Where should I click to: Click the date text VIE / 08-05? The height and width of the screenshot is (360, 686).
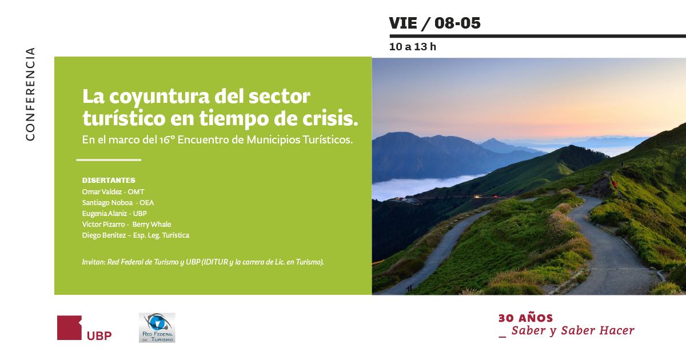(434, 23)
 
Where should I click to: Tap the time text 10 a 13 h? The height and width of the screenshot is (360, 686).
(413, 46)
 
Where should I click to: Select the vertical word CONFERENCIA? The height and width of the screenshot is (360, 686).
(30, 94)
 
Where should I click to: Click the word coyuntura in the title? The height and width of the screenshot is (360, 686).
(159, 97)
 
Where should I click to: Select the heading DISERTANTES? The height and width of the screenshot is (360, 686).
(109, 181)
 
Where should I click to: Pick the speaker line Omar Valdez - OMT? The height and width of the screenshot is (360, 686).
(113, 191)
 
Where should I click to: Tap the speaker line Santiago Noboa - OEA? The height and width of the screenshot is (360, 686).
(118, 203)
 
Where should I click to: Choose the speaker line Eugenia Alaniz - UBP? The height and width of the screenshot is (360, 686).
(114, 213)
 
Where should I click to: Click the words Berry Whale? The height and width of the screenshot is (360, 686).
(151, 225)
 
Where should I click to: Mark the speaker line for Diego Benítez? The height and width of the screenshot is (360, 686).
(135, 235)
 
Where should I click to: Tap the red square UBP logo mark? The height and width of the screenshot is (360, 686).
(70, 327)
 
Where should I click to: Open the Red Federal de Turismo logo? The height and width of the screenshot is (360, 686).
(157, 327)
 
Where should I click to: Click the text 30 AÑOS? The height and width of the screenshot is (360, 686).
(525, 318)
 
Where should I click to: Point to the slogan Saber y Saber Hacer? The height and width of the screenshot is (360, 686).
(573, 331)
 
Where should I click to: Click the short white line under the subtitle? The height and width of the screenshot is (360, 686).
(109, 160)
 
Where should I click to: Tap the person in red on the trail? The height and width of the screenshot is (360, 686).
(615, 184)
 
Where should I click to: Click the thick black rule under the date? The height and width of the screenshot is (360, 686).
(537, 36)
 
